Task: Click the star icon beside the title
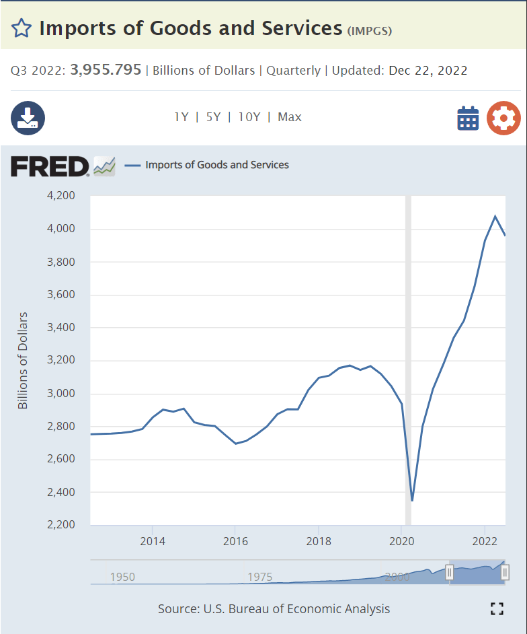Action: pos(22,28)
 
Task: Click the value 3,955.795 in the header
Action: pos(106,70)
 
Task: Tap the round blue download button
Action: pos(28,118)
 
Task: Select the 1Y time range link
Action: pos(181,117)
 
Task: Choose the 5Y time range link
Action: pos(213,117)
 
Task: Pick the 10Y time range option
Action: pos(249,117)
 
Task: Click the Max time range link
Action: pos(290,117)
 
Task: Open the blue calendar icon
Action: pos(468,118)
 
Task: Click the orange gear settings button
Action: pos(503,118)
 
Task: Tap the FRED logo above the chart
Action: pos(50,166)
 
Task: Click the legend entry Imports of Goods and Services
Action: pos(217,165)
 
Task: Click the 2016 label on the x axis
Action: pos(235,541)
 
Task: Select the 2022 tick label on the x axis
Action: pos(485,541)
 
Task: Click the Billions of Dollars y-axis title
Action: pos(24,360)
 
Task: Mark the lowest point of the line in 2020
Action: pos(412,501)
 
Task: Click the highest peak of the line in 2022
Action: pos(495,216)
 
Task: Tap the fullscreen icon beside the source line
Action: pos(497,609)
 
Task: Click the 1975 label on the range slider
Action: pos(259,577)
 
